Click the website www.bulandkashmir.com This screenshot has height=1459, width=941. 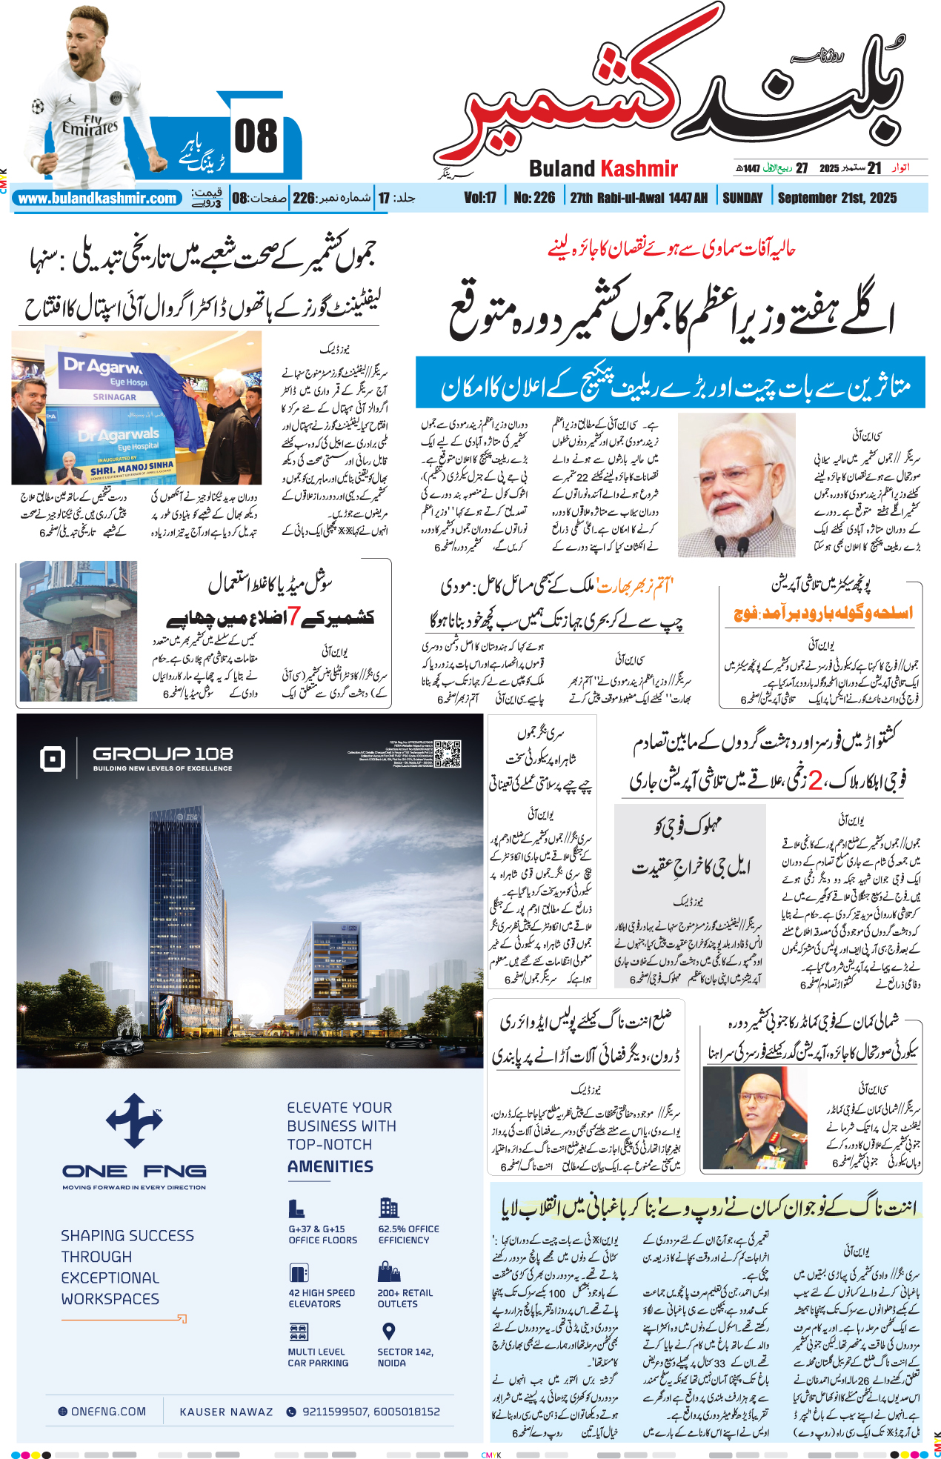click(97, 199)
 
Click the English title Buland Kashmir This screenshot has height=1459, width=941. click(603, 169)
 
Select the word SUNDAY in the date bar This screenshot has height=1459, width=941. click(742, 198)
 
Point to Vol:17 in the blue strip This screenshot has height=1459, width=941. click(480, 198)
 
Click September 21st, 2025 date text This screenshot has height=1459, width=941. click(837, 198)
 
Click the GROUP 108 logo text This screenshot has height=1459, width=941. click(163, 754)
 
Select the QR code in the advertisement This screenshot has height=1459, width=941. click(448, 753)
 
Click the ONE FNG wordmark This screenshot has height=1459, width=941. click(134, 1171)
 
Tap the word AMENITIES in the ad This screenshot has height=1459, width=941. click(330, 1166)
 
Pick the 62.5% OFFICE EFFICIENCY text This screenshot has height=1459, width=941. click(408, 1234)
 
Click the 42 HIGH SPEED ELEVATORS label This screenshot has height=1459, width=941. click(322, 1298)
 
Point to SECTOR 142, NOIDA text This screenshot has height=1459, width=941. click(405, 1357)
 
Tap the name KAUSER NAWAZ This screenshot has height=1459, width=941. click(226, 1412)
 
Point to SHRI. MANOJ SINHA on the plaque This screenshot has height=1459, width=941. click(132, 468)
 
